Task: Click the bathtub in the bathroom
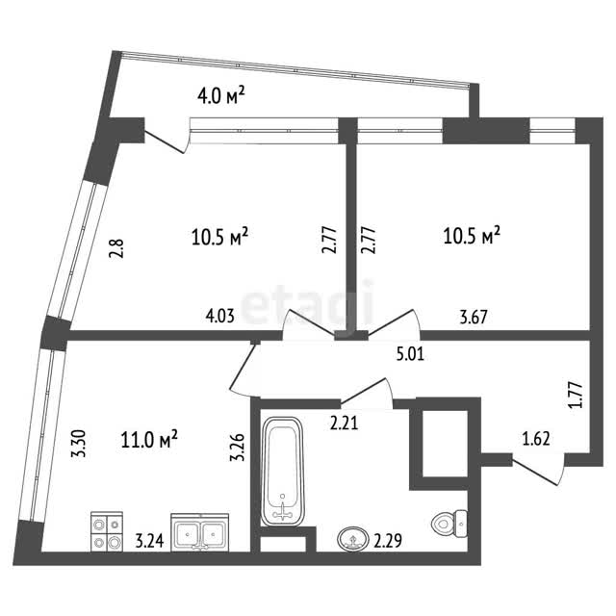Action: click(x=282, y=471)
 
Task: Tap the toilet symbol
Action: click(x=449, y=524)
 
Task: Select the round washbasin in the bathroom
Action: click(x=352, y=540)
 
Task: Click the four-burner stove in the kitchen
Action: click(x=107, y=531)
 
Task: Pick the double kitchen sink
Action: click(x=200, y=532)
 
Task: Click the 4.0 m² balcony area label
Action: click(x=221, y=96)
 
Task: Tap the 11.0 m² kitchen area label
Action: click(x=149, y=439)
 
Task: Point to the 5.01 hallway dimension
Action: click(x=411, y=355)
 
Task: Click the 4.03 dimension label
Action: click(x=220, y=316)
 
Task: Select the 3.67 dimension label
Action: click(x=474, y=317)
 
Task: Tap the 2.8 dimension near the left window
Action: click(x=116, y=248)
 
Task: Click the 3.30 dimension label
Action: click(x=78, y=444)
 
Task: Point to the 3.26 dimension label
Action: click(x=238, y=447)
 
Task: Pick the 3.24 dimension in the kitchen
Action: click(x=149, y=541)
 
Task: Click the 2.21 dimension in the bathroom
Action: click(x=344, y=423)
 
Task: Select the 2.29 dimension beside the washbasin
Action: click(x=388, y=541)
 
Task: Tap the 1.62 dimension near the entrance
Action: click(x=536, y=439)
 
